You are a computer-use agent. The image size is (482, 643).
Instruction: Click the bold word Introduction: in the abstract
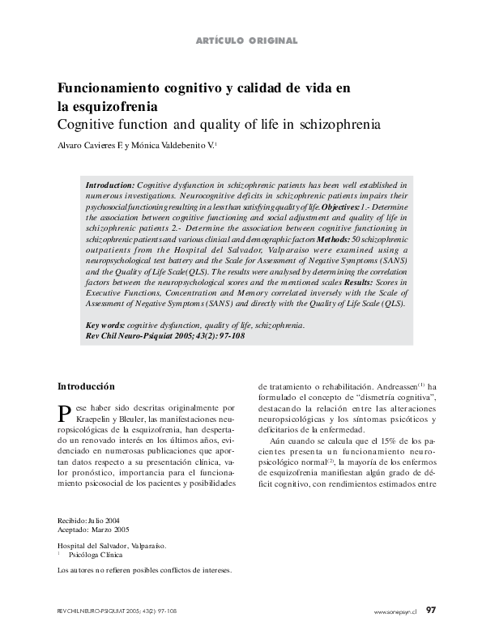point(110,185)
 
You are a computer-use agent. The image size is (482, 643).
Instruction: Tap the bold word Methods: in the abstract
point(330,242)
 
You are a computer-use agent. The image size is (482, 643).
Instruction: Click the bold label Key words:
point(105,325)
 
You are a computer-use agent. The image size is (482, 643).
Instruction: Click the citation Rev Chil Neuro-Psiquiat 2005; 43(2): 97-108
point(154,335)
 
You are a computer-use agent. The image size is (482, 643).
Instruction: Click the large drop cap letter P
point(64,414)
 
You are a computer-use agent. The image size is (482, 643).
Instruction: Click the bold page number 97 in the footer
point(431,611)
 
